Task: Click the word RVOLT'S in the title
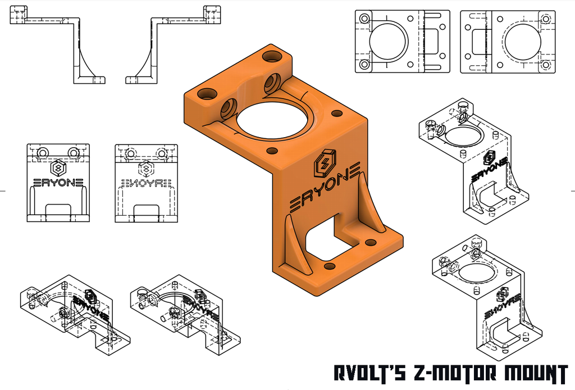367,374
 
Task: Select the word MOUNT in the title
533,374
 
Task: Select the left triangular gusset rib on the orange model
295,244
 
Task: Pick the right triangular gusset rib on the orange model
368,202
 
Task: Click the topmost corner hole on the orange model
272,56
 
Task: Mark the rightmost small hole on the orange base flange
370,242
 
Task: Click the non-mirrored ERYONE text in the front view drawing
58,183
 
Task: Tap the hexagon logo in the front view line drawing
58,167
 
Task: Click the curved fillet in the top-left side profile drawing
84,56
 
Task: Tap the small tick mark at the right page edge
571,191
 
